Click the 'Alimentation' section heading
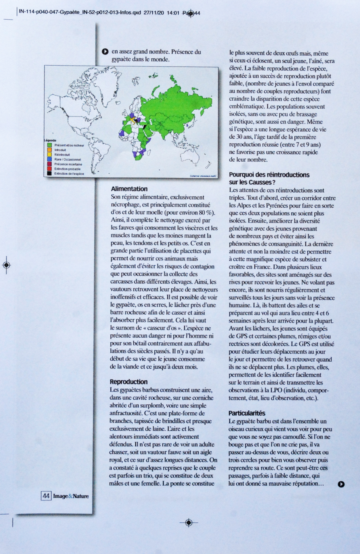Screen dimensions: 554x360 (129, 189)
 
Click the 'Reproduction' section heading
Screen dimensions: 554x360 (128, 382)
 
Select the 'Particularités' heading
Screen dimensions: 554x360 (247, 413)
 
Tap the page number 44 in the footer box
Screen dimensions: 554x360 (46, 496)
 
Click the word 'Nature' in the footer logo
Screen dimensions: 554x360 (81, 496)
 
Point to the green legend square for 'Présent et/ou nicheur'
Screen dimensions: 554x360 (49, 145)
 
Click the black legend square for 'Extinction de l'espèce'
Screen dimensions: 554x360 (49, 174)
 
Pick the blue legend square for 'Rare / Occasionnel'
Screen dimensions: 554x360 (49, 159)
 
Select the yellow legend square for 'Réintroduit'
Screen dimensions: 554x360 (49, 154)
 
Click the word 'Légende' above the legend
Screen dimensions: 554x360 (50, 140)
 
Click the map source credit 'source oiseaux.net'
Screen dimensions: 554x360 (203, 175)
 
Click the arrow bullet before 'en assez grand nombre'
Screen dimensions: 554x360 (105, 52)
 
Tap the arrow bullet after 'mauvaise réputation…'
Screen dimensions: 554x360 (341, 484)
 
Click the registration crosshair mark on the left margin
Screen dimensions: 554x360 (6, 265)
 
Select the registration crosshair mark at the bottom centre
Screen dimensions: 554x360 (189, 522)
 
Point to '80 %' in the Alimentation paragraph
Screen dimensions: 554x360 (208, 212)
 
